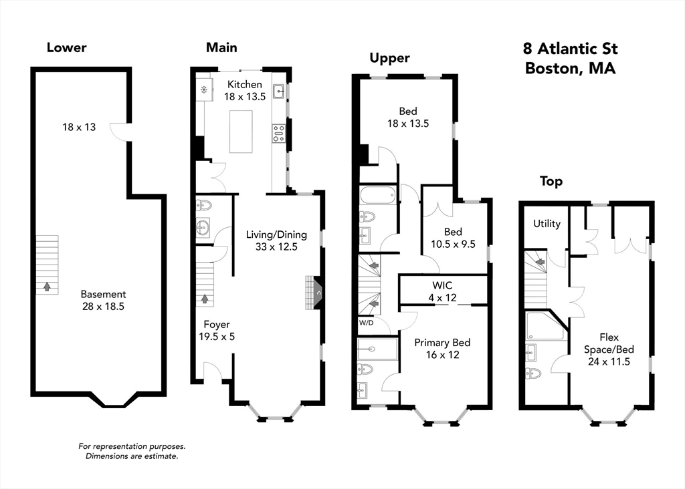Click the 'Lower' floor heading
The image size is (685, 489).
[66, 47]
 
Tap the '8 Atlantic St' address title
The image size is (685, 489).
[570, 49]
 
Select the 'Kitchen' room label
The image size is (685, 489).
[245, 84]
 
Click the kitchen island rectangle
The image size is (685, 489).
[241, 131]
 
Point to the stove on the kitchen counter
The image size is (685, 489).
[278, 133]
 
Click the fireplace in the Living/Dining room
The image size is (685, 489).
[313, 293]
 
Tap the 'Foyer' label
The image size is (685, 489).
[217, 325]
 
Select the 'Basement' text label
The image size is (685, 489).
[103, 294]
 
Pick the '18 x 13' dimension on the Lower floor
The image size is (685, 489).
[79, 126]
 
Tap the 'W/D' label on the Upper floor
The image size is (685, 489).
[367, 323]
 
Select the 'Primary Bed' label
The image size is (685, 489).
[442, 343]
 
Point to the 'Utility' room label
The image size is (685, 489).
[547, 224]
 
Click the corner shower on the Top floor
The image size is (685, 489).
[543, 326]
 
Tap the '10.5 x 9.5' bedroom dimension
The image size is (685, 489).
[453, 244]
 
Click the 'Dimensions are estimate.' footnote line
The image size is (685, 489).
[131, 456]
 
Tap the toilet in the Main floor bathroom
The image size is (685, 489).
[203, 205]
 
